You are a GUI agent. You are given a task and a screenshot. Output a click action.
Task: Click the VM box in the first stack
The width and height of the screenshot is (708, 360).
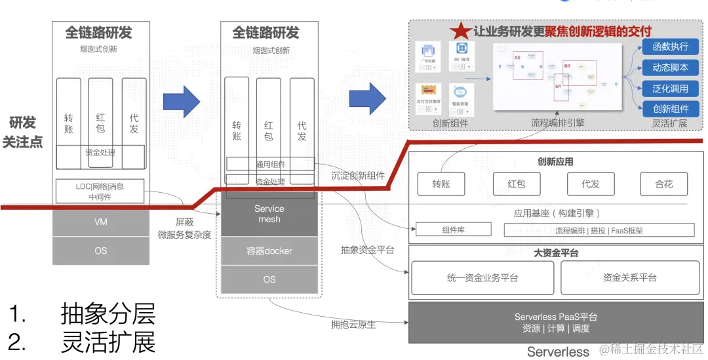click(x=100, y=222)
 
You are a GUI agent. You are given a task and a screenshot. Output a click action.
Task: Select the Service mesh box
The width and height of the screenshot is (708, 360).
click(x=269, y=214)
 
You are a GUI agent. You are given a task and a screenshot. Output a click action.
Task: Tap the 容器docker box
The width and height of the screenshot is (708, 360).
click(x=269, y=250)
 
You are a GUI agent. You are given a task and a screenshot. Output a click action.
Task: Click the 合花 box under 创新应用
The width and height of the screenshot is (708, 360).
click(x=663, y=184)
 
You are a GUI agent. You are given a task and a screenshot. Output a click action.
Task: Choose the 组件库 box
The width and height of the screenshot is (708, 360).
click(x=452, y=230)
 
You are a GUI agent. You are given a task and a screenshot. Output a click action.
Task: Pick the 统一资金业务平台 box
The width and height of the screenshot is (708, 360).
click(x=482, y=277)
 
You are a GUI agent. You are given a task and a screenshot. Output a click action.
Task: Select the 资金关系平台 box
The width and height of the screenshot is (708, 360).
click(x=629, y=277)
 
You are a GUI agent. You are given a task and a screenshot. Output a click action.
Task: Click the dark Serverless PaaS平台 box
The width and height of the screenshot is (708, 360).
click(x=555, y=322)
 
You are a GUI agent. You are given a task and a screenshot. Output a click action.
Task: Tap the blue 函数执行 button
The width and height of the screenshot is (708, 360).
click(x=670, y=47)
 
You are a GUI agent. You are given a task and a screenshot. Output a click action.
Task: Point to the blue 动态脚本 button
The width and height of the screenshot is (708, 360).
click(x=670, y=68)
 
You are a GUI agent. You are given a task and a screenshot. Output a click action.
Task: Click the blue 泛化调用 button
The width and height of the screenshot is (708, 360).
click(x=670, y=89)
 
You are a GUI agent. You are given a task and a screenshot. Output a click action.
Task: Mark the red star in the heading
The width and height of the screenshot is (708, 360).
click(x=460, y=31)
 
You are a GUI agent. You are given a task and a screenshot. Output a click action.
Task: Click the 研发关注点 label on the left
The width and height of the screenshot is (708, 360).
click(x=22, y=132)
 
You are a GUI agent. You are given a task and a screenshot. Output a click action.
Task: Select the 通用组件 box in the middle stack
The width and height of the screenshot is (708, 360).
click(x=270, y=164)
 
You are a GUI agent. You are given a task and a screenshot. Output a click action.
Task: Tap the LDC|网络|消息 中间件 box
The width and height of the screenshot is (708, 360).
click(x=100, y=191)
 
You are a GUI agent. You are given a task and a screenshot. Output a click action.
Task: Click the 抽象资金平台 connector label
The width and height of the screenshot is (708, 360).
click(x=367, y=249)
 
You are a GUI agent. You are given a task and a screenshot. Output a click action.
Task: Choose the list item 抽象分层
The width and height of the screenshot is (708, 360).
click(x=108, y=314)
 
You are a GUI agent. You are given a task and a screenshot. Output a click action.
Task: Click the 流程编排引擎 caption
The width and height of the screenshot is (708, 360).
click(x=557, y=123)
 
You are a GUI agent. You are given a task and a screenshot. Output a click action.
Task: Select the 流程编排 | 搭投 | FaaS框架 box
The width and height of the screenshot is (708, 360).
click(x=599, y=230)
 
